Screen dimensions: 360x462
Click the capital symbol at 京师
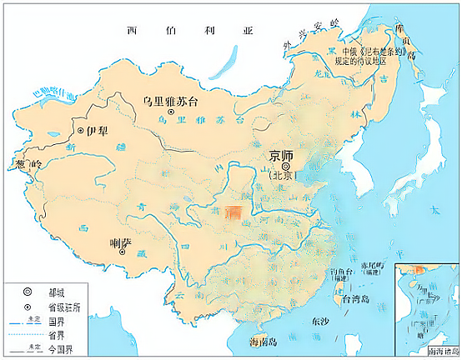click(284, 165)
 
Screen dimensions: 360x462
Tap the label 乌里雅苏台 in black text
click(170, 100)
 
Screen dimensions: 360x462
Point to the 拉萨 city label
click(122, 242)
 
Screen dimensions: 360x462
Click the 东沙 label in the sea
click(320, 320)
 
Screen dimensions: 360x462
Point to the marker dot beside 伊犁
click(81, 131)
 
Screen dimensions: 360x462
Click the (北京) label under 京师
click(284, 176)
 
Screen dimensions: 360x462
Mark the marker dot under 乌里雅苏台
click(171, 112)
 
